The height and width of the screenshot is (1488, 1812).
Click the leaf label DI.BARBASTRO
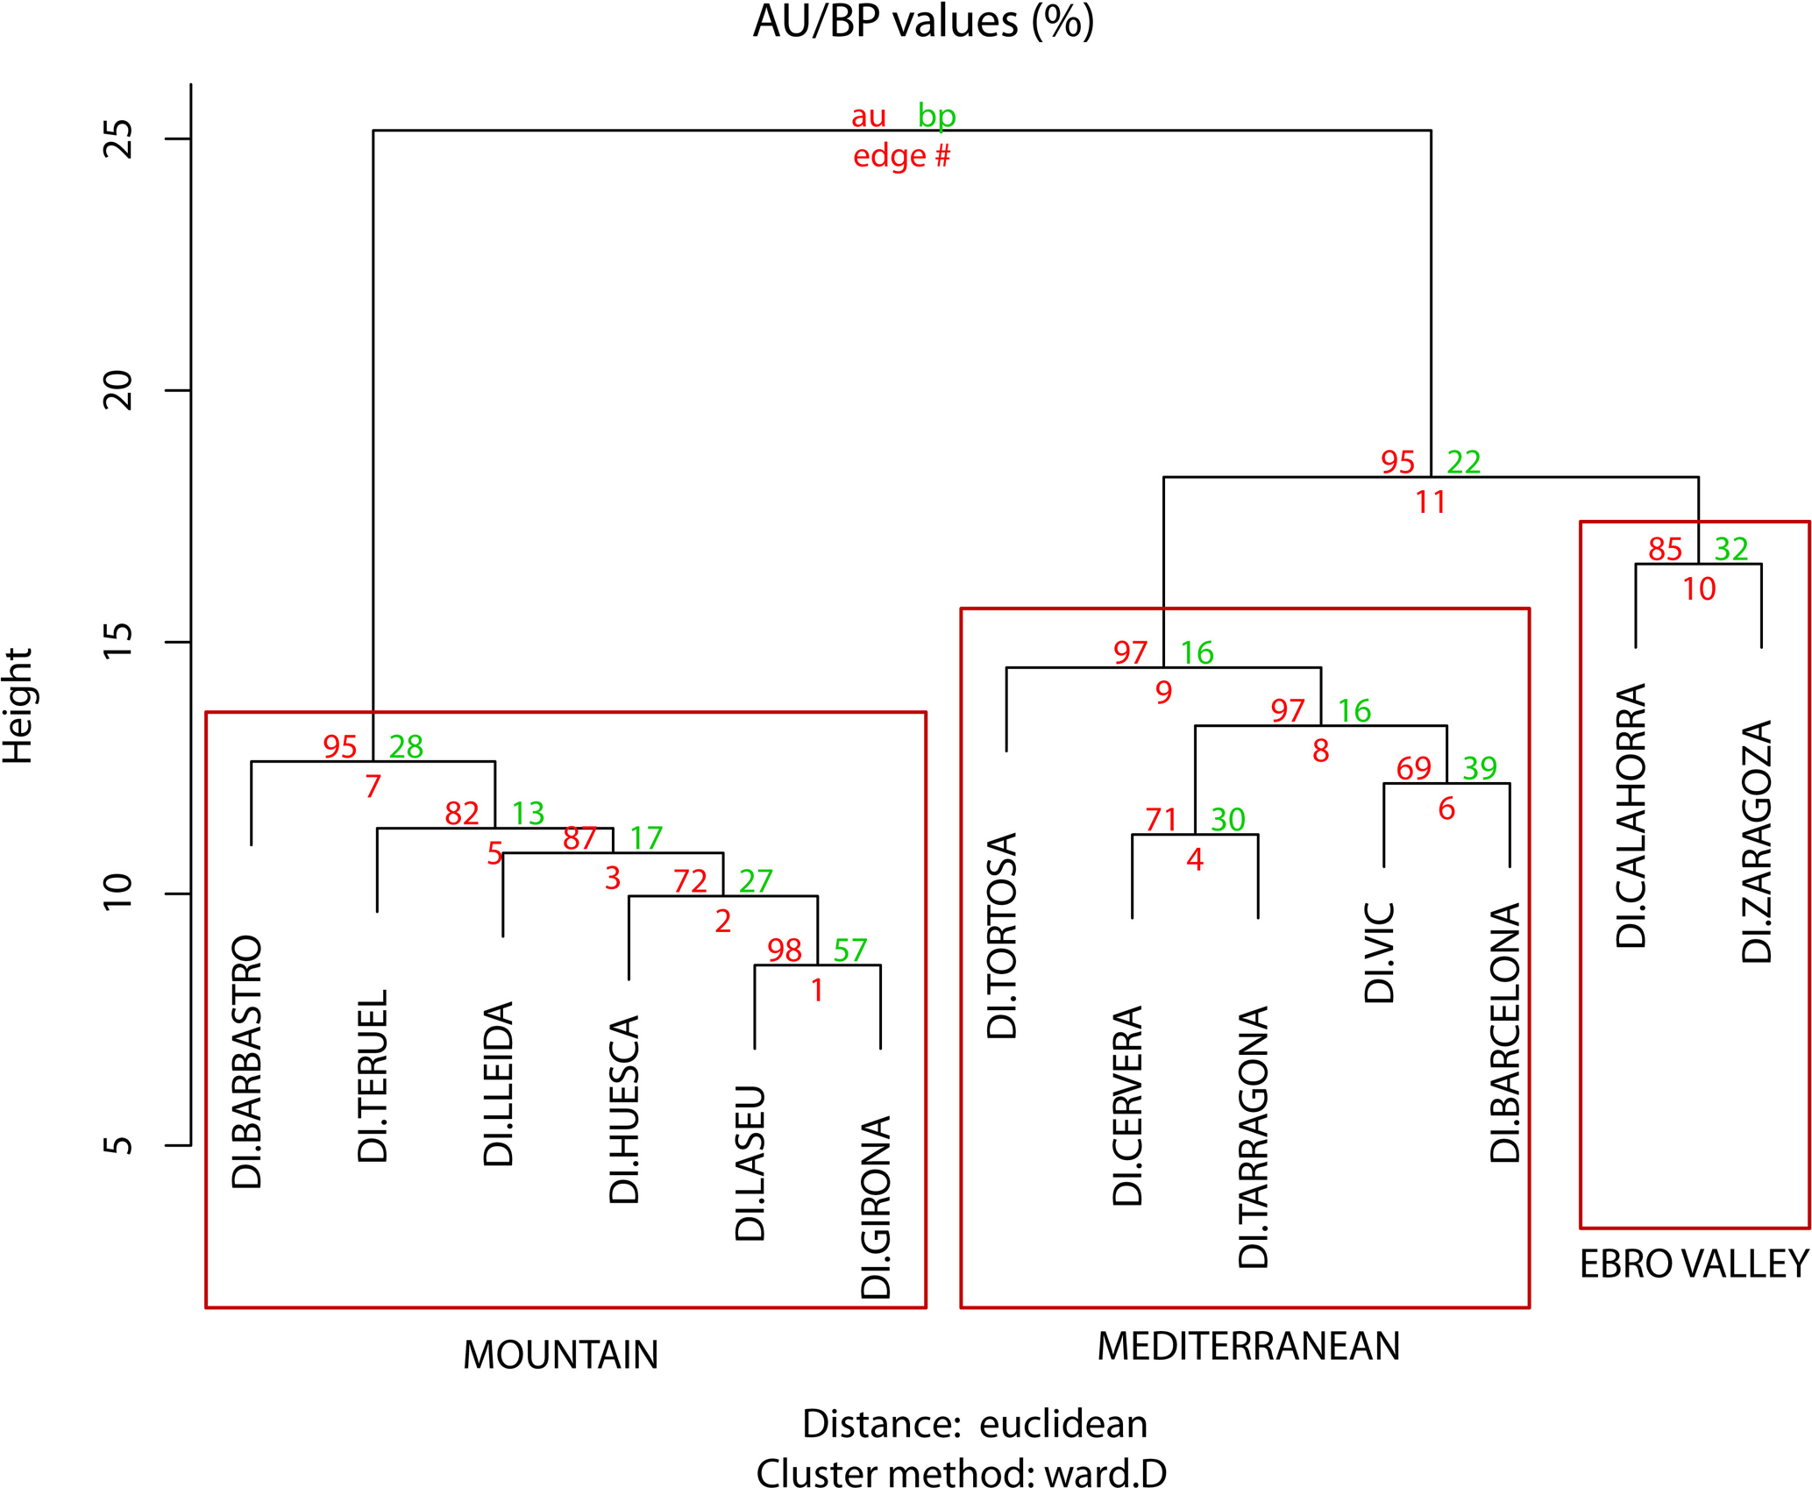click(247, 1062)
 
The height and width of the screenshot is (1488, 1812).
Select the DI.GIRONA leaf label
click(877, 1207)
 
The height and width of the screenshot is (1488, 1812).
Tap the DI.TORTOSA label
click(1002, 936)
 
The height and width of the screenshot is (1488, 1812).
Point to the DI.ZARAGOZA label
click(1757, 842)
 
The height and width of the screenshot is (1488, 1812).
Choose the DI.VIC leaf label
click(1380, 953)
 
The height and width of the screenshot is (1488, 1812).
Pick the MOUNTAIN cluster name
click(560, 1356)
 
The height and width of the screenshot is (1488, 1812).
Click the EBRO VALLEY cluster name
click(1694, 1264)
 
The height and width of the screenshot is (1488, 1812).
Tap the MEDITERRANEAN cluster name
click(1248, 1347)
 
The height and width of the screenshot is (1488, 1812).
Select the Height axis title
click(18, 706)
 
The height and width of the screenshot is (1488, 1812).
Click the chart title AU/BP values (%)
click(923, 22)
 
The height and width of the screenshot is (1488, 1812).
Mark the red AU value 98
click(785, 950)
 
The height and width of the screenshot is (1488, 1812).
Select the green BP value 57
click(850, 950)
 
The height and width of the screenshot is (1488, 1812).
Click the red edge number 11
click(1431, 502)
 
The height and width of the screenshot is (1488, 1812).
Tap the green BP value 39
click(1480, 769)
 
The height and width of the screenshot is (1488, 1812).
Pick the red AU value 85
click(1665, 550)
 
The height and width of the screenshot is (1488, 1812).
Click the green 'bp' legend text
click(936, 116)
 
